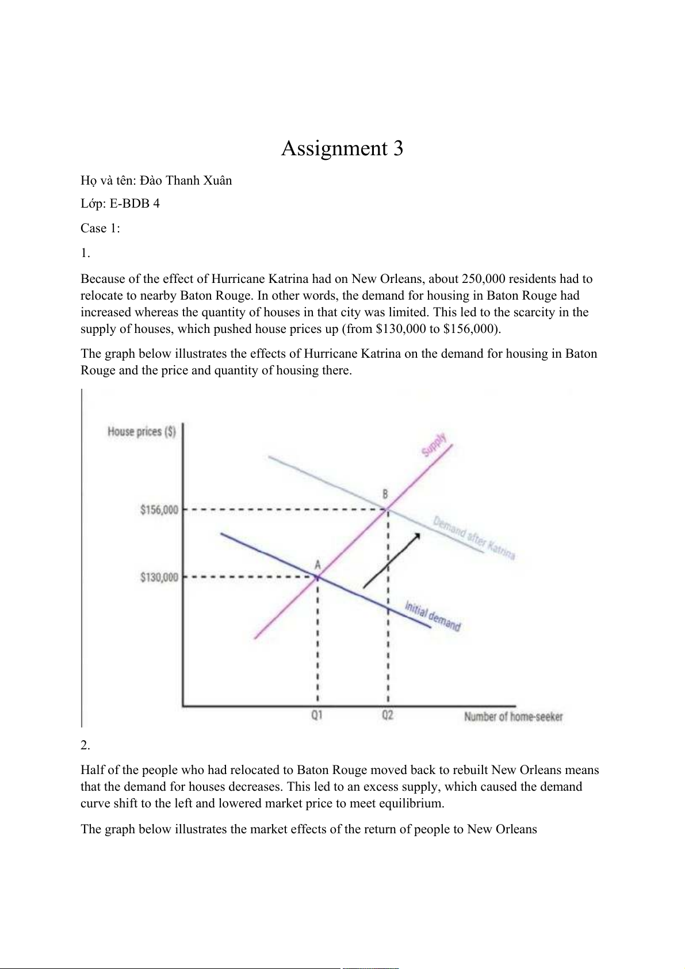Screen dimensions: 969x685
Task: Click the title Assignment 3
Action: coord(342,148)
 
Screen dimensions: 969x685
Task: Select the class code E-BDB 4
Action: coord(135,204)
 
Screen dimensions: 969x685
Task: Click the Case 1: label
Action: coord(100,228)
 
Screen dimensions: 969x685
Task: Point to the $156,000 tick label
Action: coord(159,510)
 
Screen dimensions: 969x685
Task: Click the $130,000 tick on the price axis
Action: coord(159,577)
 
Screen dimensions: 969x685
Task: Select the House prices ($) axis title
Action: coord(141,432)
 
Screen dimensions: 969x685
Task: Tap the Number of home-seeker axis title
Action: coord(513,717)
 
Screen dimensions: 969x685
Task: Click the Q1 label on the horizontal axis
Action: coord(317,715)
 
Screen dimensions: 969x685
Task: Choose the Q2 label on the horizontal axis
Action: coord(388,715)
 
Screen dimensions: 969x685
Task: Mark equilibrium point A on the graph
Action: coord(317,577)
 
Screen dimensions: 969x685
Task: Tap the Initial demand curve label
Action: coord(433,616)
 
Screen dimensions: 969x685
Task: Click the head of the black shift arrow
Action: coord(418,535)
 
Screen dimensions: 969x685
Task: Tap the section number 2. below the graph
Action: coord(85,745)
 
